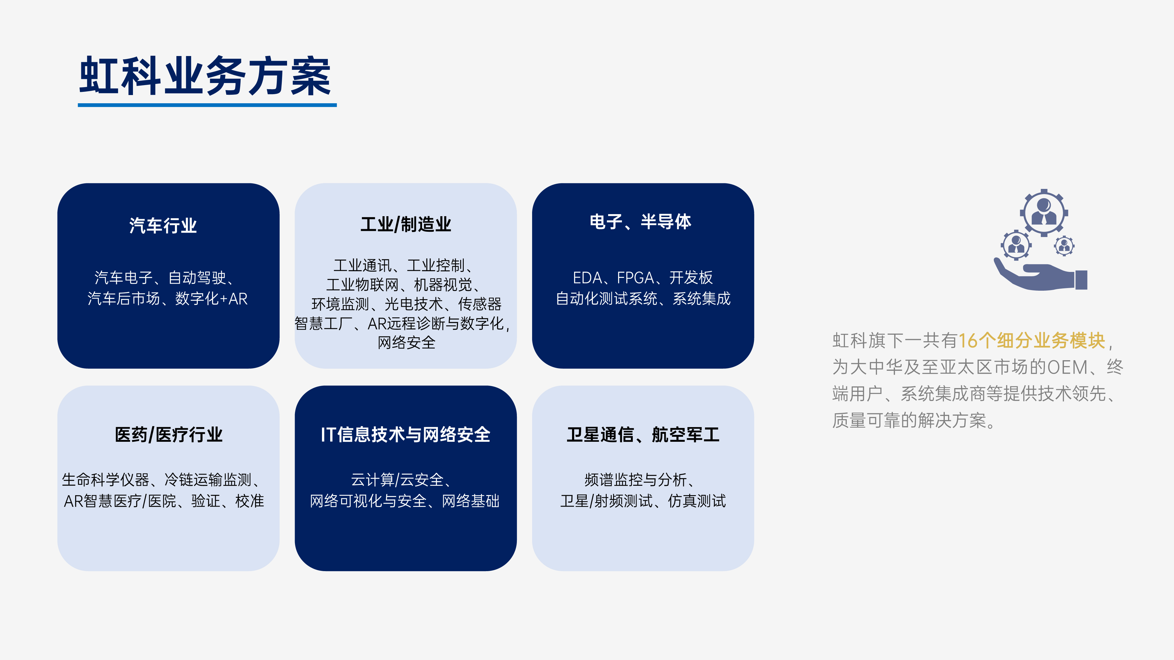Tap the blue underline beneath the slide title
(208, 105)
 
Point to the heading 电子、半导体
(640, 222)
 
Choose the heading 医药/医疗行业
(169, 434)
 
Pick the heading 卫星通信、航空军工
(643, 434)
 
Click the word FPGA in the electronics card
(635, 277)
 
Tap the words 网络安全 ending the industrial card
(406, 343)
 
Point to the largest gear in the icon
(1044, 213)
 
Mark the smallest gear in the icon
(1064, 246)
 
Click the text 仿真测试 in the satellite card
(697, 501)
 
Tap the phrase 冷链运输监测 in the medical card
(208, 480)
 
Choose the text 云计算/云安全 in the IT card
(397, 480)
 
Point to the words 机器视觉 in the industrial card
(443, 285)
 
